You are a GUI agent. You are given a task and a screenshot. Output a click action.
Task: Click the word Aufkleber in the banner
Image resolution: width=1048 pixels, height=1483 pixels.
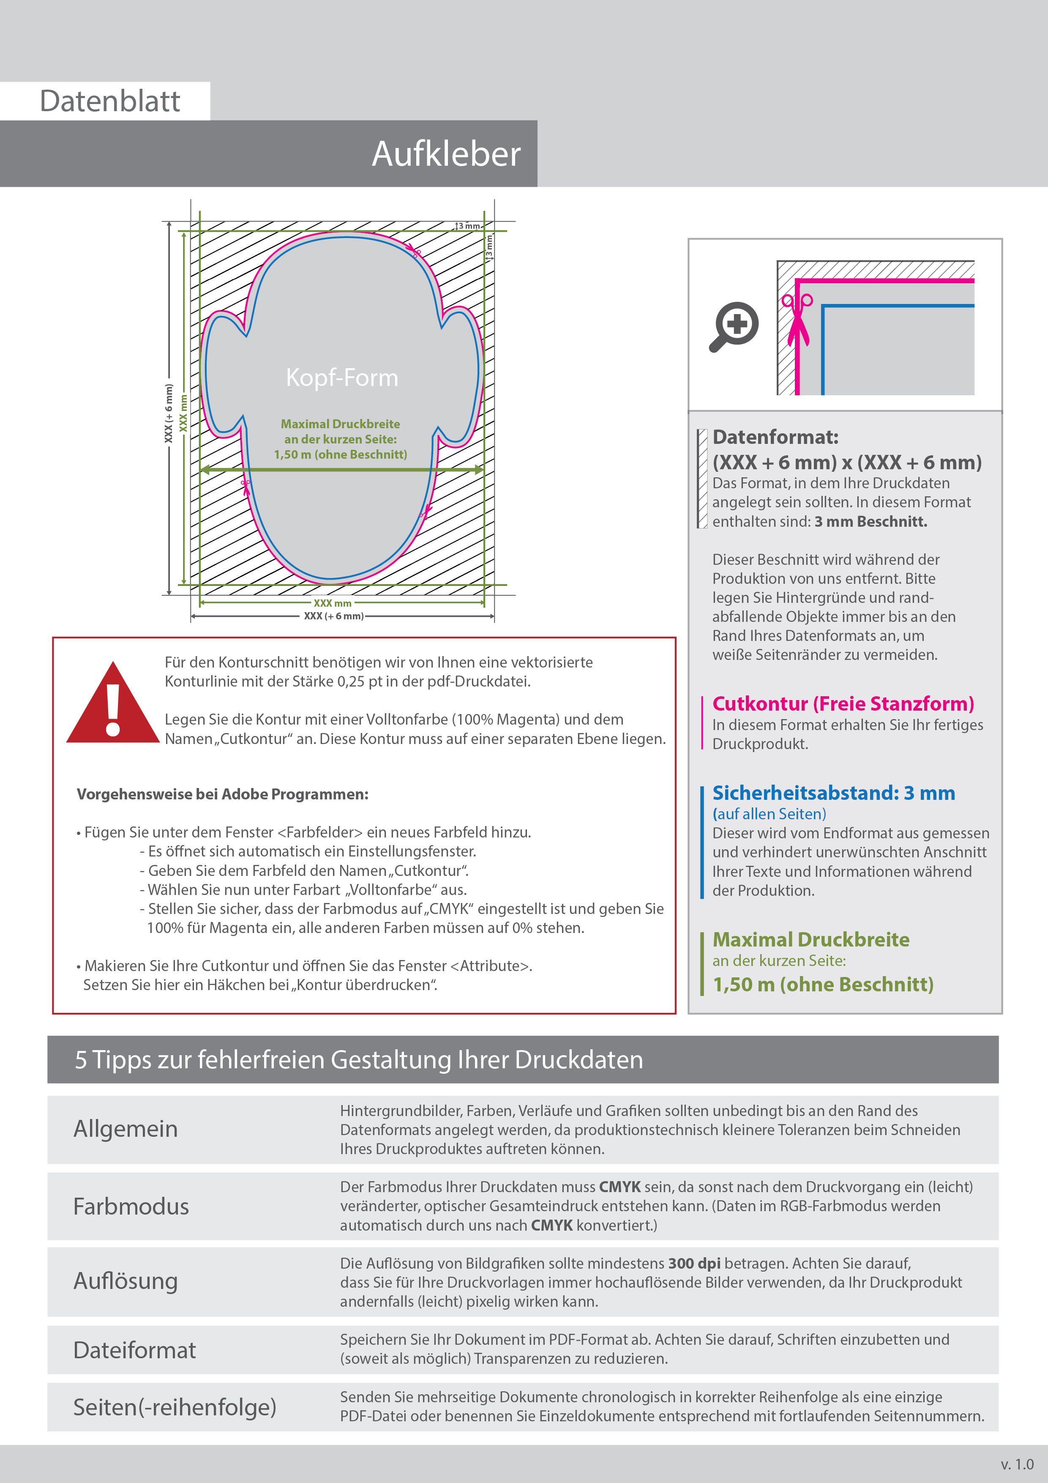click(x=445, y=154)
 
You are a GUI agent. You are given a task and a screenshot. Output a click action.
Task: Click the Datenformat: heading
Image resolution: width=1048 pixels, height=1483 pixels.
click(x=775, y=437)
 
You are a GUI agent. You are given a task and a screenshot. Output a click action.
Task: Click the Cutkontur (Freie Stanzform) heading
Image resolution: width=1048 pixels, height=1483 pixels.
click(x=843, y=703)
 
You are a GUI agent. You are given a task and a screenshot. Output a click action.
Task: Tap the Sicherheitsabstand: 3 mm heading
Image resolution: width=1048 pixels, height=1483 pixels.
click(x=833, y=793)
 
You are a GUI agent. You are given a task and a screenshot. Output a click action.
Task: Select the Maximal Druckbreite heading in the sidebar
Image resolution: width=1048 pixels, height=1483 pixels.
click(x=811, y=939)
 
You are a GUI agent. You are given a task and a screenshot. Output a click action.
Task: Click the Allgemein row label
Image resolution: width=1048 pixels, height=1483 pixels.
click(x=125, y=1128)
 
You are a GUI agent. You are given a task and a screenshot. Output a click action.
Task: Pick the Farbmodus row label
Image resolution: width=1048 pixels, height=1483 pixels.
click(x=131, y=1206)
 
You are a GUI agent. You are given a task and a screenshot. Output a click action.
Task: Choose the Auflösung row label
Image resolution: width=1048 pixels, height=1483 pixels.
click(x=125, y=1281)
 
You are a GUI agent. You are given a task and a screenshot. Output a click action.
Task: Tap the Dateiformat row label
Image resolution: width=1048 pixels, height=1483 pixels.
click(x=134, y=1350)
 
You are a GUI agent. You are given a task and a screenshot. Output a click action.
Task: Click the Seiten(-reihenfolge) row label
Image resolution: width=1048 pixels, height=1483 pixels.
click(x=175, y=1407)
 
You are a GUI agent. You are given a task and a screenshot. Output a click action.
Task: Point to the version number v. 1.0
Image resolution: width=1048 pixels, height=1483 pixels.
click(x=1017, y=1464)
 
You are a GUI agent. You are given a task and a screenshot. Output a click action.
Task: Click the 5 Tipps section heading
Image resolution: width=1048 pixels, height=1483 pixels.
click(x=358, y=1060)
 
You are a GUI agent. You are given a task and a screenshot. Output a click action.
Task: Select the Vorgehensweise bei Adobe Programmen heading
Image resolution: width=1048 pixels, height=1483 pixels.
click(x=222, y=794)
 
